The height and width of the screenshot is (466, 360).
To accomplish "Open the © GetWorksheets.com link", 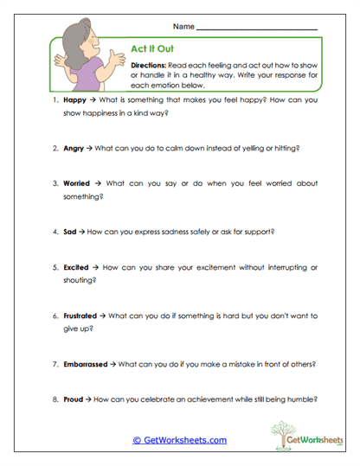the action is coord(179,440).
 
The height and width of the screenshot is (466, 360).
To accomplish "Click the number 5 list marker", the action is coord(54,268).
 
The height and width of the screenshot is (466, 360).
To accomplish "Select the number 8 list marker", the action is coord(54,400).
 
